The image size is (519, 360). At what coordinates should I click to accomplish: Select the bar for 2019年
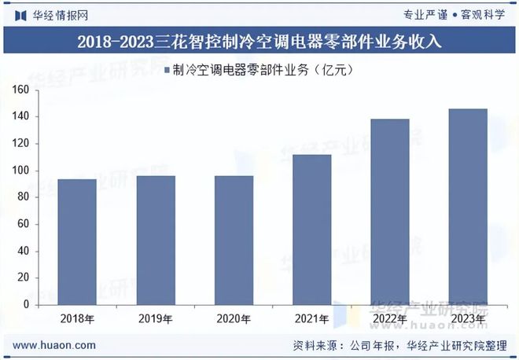(156, 240)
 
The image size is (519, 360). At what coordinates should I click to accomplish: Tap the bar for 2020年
(234, 240)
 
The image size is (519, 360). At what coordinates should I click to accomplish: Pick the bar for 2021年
(311, 230)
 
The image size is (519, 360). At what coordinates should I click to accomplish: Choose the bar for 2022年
(389, 211)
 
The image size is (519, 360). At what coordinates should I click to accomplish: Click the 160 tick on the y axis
(21, 90)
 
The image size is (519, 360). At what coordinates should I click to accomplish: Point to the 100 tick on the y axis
(21, 171)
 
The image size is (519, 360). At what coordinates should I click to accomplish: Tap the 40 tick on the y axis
(24, 251)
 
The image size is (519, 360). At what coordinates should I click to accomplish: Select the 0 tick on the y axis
(26, 304)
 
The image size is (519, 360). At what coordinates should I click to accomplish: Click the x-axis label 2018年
(78, 318)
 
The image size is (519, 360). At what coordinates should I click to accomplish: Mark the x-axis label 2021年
(311, 318)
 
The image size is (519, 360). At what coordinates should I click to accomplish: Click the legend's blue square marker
(167, 71)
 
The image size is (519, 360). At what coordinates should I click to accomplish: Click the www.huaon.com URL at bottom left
(55, 345)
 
